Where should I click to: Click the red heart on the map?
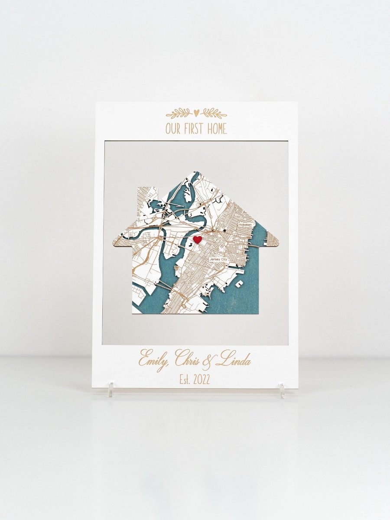[x=197, y=239]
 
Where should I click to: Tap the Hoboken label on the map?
[x=248, y=224]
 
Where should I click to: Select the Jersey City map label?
[x=218, y=259]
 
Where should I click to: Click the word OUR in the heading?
[x=175, y=129]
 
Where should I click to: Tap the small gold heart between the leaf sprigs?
[x=196, y=113]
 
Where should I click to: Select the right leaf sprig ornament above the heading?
[x=213, y=114]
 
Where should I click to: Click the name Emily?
[x=153, y=360]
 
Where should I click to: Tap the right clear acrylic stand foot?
[x=282, y=390]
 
